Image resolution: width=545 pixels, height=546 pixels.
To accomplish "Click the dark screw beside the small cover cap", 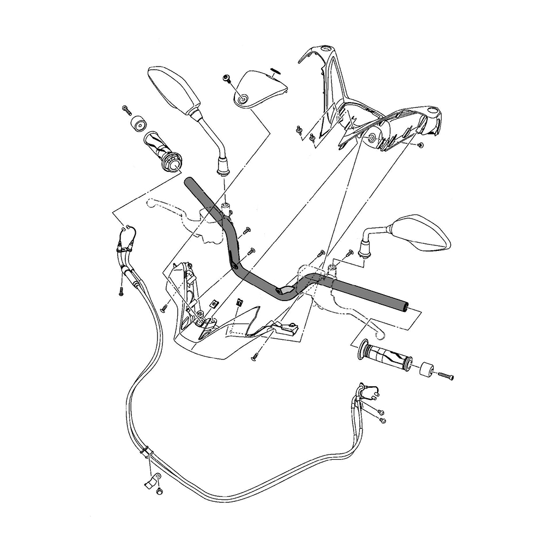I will pos(227,79).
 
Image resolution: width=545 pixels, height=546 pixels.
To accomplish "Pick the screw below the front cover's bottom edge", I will pos(255,357).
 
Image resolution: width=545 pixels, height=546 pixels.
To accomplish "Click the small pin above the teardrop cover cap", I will pos(275,69).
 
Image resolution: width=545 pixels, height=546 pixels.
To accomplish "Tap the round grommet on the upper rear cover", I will pos(372,138).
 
